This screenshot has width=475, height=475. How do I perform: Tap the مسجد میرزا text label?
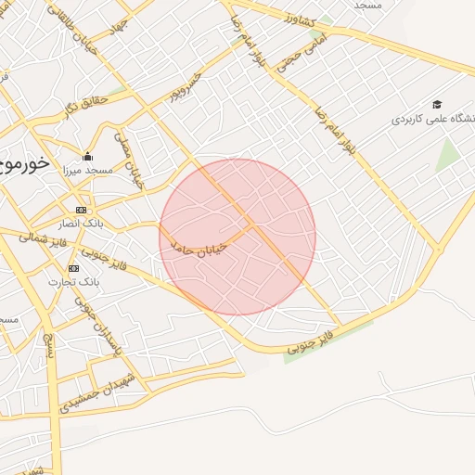coord(86,171)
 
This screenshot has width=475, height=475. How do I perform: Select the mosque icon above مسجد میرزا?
coord(87,156)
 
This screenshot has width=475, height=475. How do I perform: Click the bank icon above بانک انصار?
coord(81,210)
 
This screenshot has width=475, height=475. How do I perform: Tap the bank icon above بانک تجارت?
coord(73,267)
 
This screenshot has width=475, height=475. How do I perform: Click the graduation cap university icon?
coord(437,105)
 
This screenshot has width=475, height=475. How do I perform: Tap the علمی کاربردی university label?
coord(432,120)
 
